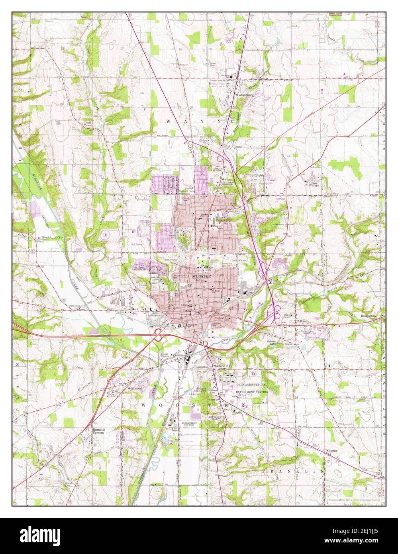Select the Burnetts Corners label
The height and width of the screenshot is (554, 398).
(98, 431)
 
